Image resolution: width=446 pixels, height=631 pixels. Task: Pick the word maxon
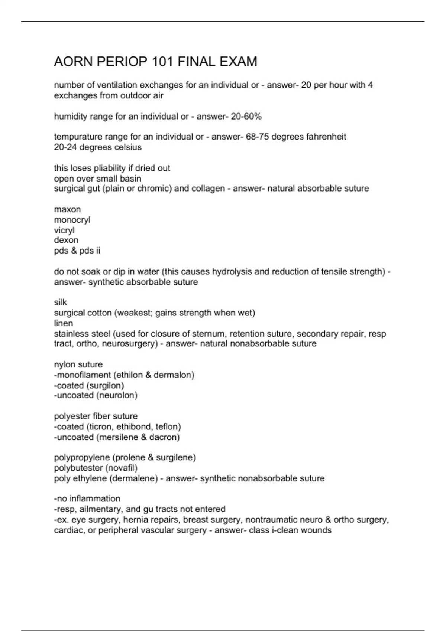pyautogui.click(x=67, y=209)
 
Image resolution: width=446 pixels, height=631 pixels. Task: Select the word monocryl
pyautogui.click(x=72, y=220)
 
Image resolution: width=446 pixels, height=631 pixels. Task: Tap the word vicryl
pyautogui.click(x=64, y=230)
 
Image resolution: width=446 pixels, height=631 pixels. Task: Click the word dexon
pyautogui.click(x=66, y=240)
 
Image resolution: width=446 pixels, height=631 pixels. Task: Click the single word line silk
pyautogui.click(x=60, y=303)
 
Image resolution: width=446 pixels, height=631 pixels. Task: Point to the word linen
pyautogui.click(x=63, y=323)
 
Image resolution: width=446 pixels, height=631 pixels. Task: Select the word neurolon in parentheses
pyautogui.click(x=117, y=395)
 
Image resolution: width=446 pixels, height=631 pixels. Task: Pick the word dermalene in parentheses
pyautogui.click(x=133, y=478)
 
